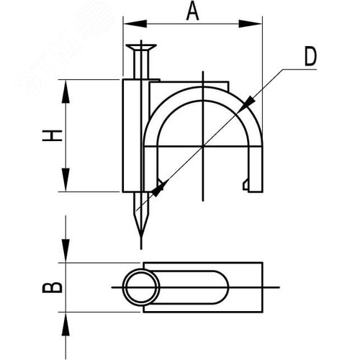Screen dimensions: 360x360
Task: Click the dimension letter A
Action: [192, 11]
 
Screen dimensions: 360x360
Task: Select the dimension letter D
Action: [309, 57]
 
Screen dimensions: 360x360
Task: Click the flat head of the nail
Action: [140, 48]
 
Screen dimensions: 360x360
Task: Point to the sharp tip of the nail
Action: [140, 245]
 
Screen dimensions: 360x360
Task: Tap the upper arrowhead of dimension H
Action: [66, 89]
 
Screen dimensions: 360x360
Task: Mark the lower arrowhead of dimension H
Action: [66, 183]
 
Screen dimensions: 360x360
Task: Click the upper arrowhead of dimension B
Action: [66, 254]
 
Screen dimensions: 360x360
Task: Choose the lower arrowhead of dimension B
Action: [66, 320]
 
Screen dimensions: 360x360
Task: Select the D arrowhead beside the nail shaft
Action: [158, 188]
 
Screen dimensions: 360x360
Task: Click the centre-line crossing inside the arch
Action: [204, 146]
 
